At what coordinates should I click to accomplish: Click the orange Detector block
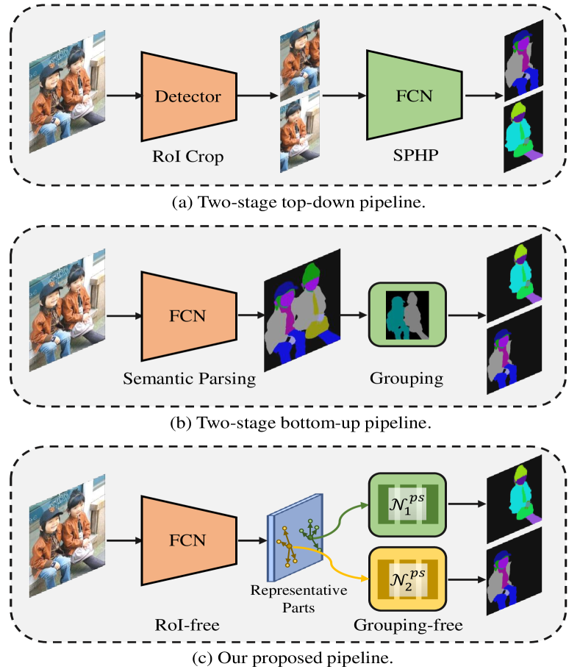tap(187, 96)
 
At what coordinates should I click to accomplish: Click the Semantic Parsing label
tap(189, 379)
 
